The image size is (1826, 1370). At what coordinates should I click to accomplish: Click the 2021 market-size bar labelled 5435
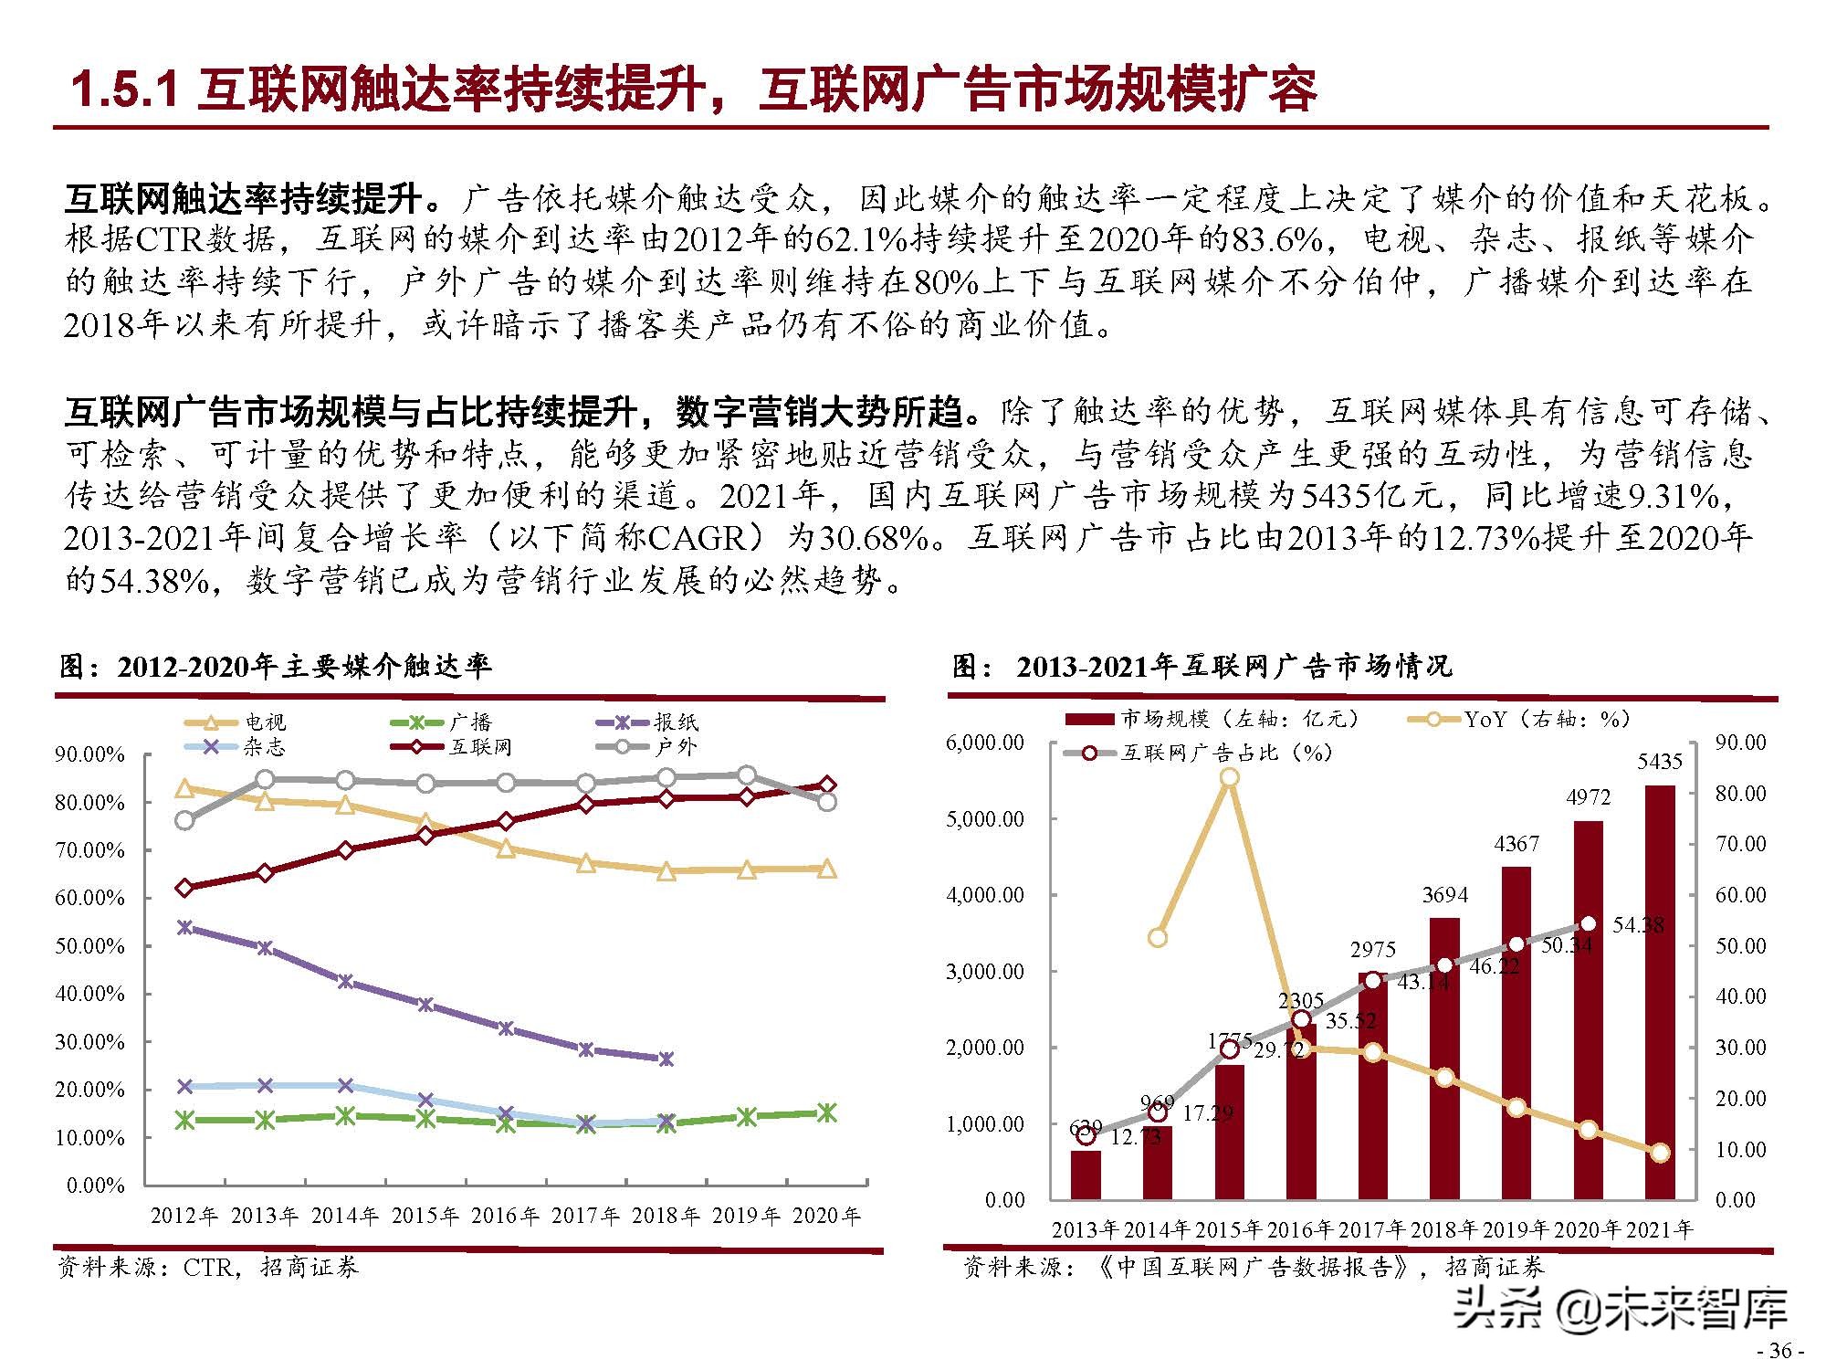[1659, 991]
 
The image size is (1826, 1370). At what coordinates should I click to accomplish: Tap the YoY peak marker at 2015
[1230, 777]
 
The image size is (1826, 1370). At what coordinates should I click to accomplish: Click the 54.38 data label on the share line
[1638, 924]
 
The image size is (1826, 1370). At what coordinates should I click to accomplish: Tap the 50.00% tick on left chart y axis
[89, 945]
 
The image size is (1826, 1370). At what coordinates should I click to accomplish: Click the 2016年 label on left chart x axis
[506, 1216]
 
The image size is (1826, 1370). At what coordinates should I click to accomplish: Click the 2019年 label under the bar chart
[1516, 1229]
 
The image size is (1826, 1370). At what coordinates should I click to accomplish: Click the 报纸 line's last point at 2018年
[666, 1059]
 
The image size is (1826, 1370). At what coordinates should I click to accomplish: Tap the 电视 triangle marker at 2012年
[184, 788]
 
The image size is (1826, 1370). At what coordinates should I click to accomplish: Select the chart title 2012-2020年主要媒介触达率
[304, 666]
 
